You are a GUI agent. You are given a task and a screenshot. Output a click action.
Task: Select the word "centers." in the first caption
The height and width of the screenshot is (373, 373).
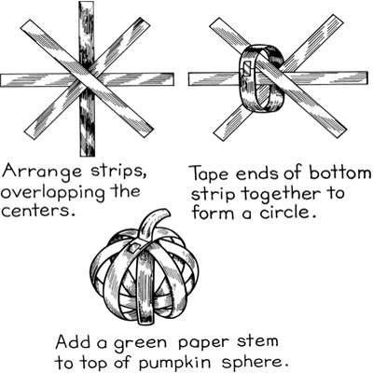(41, 213)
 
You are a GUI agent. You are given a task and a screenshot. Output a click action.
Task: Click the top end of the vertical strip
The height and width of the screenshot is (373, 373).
(87, 9)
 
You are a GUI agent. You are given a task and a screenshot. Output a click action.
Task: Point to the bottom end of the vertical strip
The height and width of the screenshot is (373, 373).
(87, 149)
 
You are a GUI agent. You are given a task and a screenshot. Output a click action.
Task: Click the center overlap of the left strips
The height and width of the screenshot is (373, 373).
(87, 79)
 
